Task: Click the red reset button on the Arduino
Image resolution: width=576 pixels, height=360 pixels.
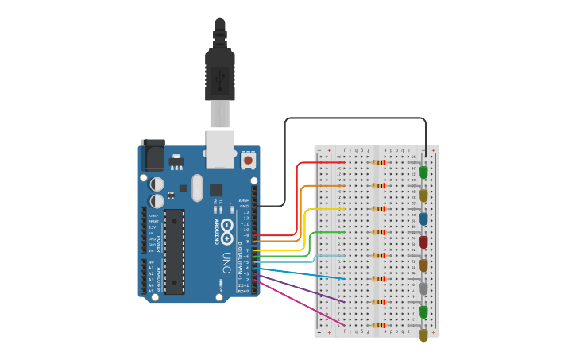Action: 248,160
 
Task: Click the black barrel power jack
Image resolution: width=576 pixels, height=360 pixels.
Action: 153,155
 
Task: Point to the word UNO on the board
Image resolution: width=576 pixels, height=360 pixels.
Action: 226,263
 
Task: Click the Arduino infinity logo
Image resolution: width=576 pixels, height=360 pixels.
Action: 226,230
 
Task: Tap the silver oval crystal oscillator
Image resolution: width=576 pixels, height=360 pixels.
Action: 216,190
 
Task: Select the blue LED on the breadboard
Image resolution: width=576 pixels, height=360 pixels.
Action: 423,219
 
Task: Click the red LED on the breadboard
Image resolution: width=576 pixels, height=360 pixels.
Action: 423,242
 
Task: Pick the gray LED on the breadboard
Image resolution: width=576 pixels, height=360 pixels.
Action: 423,288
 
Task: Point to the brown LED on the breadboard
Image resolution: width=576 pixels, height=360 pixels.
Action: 423,265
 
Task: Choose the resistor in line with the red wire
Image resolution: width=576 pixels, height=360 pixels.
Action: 379,162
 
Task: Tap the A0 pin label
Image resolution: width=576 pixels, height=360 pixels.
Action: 151,262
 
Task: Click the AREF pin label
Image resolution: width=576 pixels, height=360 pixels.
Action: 244,200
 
